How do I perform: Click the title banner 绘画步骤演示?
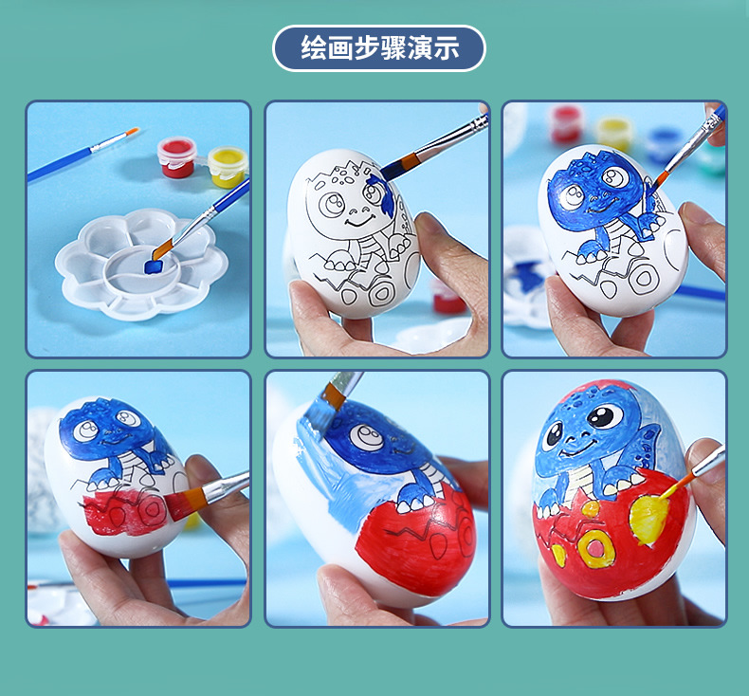(x=378, y=48)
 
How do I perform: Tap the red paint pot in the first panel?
(x=177, y=157)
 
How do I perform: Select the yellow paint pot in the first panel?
(x=228, y=166)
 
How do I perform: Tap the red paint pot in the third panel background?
(x=567, y=123)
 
